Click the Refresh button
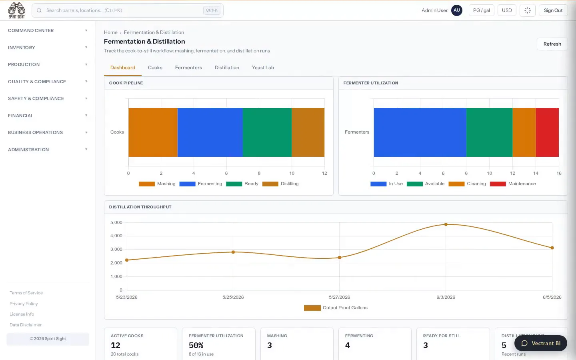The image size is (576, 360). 552,44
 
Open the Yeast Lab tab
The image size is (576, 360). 263,67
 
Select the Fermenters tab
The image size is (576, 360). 188,67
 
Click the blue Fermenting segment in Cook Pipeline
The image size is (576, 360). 210,132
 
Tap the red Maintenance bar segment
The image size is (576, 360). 547,132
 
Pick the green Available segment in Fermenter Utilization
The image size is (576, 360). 489,132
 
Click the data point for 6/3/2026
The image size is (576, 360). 446,224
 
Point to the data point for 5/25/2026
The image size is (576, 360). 233,252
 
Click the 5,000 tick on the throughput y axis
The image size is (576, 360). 116,222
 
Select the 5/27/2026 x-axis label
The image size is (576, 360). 340,297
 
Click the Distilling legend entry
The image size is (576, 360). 280,184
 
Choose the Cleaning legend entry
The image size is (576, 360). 467,184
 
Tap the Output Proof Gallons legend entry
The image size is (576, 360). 336,308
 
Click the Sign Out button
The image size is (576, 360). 553,10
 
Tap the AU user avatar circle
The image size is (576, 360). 457,10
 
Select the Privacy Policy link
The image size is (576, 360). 24,304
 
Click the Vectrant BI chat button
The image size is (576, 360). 540,343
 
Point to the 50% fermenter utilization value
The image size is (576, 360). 196,345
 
